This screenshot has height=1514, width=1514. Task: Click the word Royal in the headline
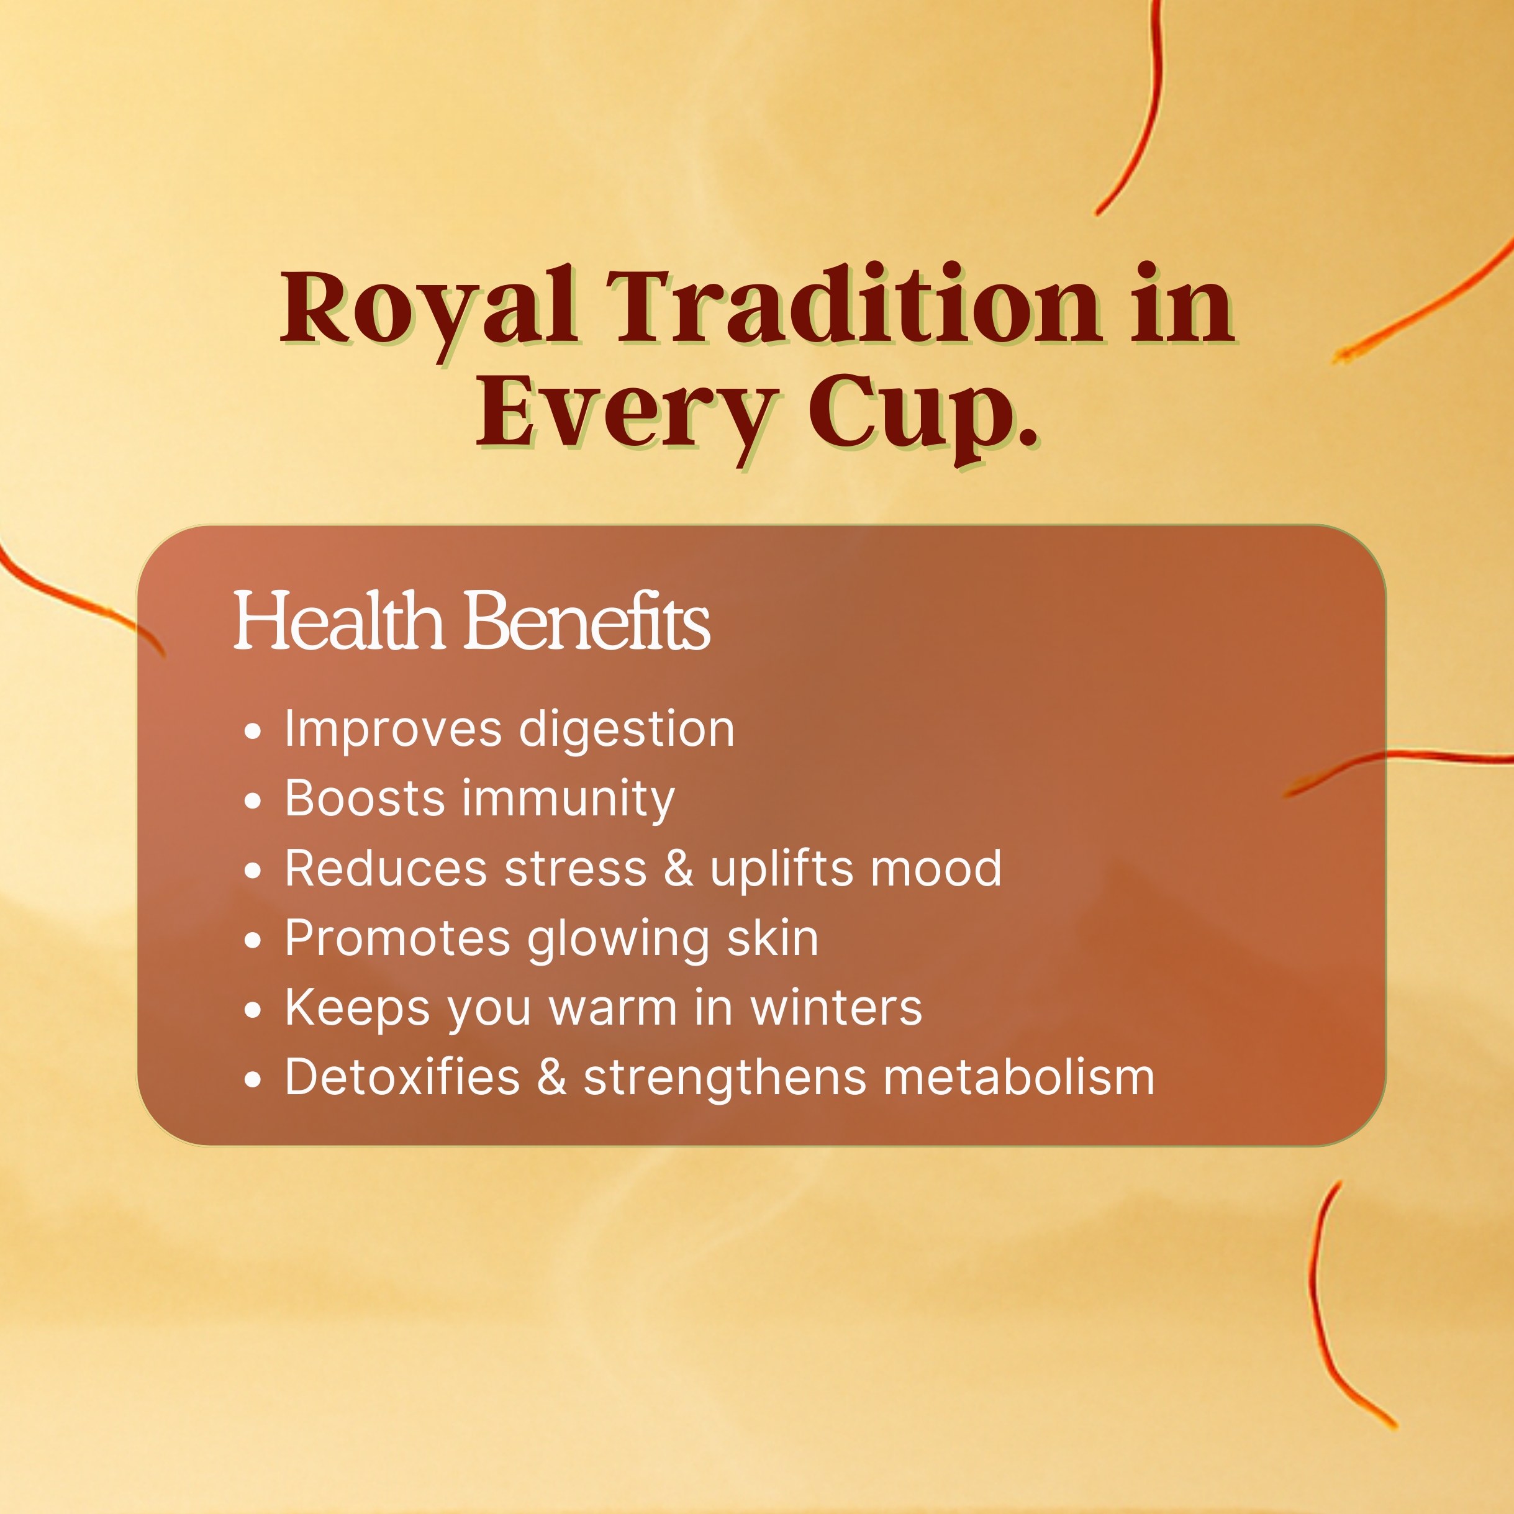click(430, 313)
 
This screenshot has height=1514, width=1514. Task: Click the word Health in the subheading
click(339, 620)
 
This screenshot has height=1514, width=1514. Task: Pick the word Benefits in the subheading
click(587, 620)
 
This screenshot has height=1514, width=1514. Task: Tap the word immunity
click(568, 800)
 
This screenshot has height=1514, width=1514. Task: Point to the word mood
click(936, 868)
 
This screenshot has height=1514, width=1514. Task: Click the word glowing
click(619, 940)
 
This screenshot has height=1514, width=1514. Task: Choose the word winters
click(836, 1007)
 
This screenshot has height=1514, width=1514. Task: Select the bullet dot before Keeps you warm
click(252, 1010)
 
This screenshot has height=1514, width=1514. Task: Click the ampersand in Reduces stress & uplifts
click(679, 868)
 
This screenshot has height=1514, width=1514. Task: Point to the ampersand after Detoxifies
click(551, 1077)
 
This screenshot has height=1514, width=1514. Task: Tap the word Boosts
click(365, 799)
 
